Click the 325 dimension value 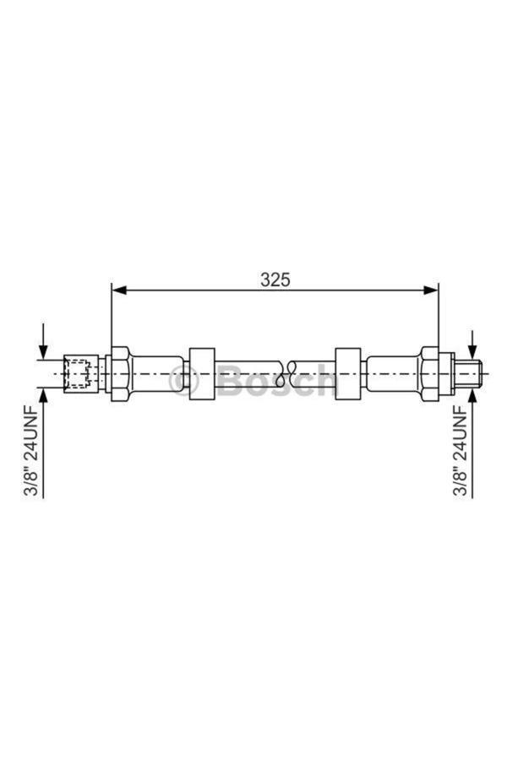pyautogui.click(x=275, y=280)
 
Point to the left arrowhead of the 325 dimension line pyautogui.click(x=119, y=290)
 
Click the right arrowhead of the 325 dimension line pyautogui.click(x=431, y=290)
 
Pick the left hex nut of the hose pyautogui.click(x=120, y=374)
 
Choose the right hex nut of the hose pyautogui.click(x=430, y=373)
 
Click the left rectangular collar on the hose pyautogui.click(x=202, y=374)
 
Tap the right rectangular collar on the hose pyautogui.click(x=348, y=374)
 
